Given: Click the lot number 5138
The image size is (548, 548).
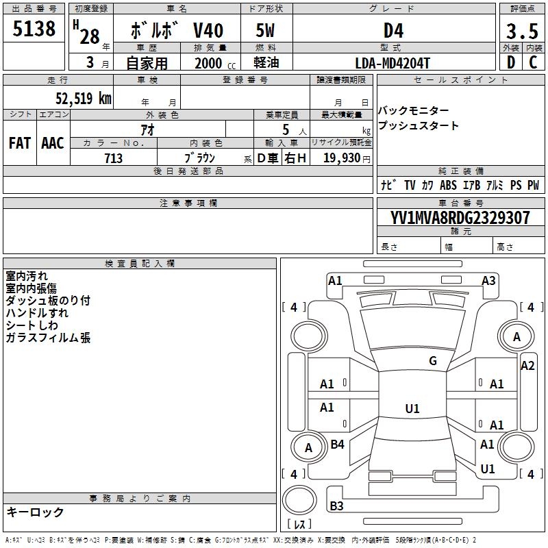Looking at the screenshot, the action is point(35,29).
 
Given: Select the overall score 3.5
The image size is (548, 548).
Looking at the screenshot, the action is point(522,31).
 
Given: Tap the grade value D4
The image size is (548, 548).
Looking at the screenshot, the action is point(393,31).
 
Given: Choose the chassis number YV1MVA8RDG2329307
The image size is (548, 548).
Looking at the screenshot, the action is point(460,218).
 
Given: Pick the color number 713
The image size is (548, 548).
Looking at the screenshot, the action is point(114,158).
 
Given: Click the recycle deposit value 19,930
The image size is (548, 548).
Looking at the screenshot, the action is point(341,158).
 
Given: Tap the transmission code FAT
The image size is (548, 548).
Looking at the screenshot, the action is point(19,143).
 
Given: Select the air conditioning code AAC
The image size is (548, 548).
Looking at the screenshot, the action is point(52,143).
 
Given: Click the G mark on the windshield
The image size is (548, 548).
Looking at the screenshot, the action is point(433,361).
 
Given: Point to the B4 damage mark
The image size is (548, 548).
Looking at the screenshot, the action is point(337,445).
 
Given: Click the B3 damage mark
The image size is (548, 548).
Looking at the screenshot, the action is point(336,506).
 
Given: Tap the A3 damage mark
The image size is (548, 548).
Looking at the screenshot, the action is point(488,280).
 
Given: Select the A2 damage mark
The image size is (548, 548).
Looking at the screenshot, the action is point(527,366).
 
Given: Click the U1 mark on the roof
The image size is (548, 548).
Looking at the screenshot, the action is point(412,409).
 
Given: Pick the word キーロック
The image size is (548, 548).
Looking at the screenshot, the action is point(35,512).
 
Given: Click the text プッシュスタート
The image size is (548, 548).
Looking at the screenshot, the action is point(419,126).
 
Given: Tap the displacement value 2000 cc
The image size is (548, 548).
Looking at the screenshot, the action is point(212,63).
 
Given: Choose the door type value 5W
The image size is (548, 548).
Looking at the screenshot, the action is point(266,31).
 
